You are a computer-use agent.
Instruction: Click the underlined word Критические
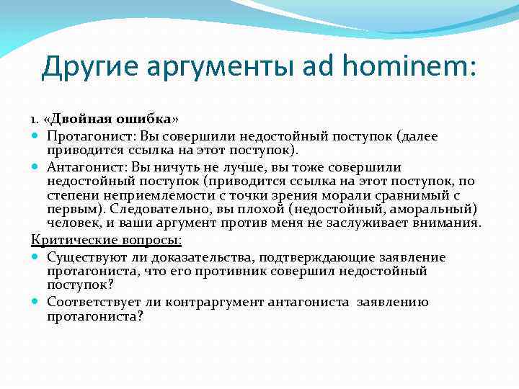[68, 240]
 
